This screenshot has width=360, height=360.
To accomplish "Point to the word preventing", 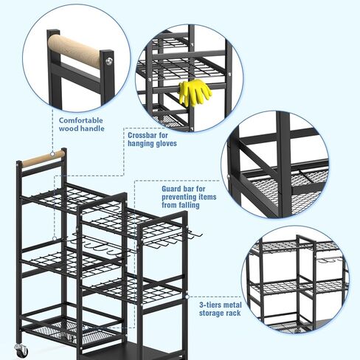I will [174, 198].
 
